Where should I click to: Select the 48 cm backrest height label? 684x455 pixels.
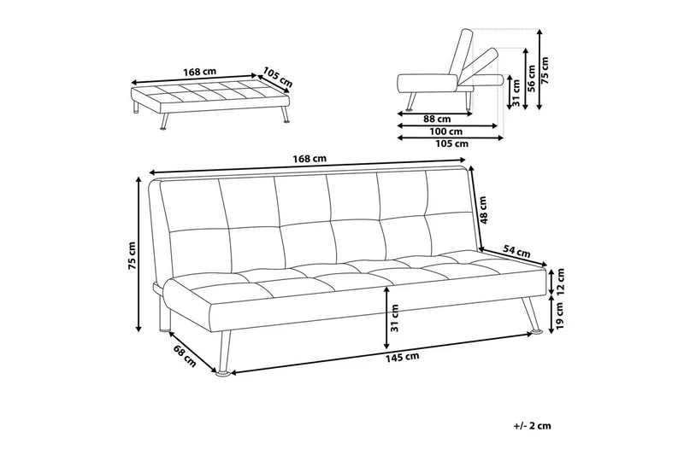[484, 209]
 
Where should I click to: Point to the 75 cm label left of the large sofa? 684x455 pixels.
[133, 254]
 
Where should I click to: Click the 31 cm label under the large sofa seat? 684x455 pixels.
[394, 318]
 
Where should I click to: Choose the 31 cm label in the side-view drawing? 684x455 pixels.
[514, 90]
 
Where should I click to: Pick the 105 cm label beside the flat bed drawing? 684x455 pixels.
[278, 78]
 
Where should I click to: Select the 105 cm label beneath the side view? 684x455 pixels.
[451, 144]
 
